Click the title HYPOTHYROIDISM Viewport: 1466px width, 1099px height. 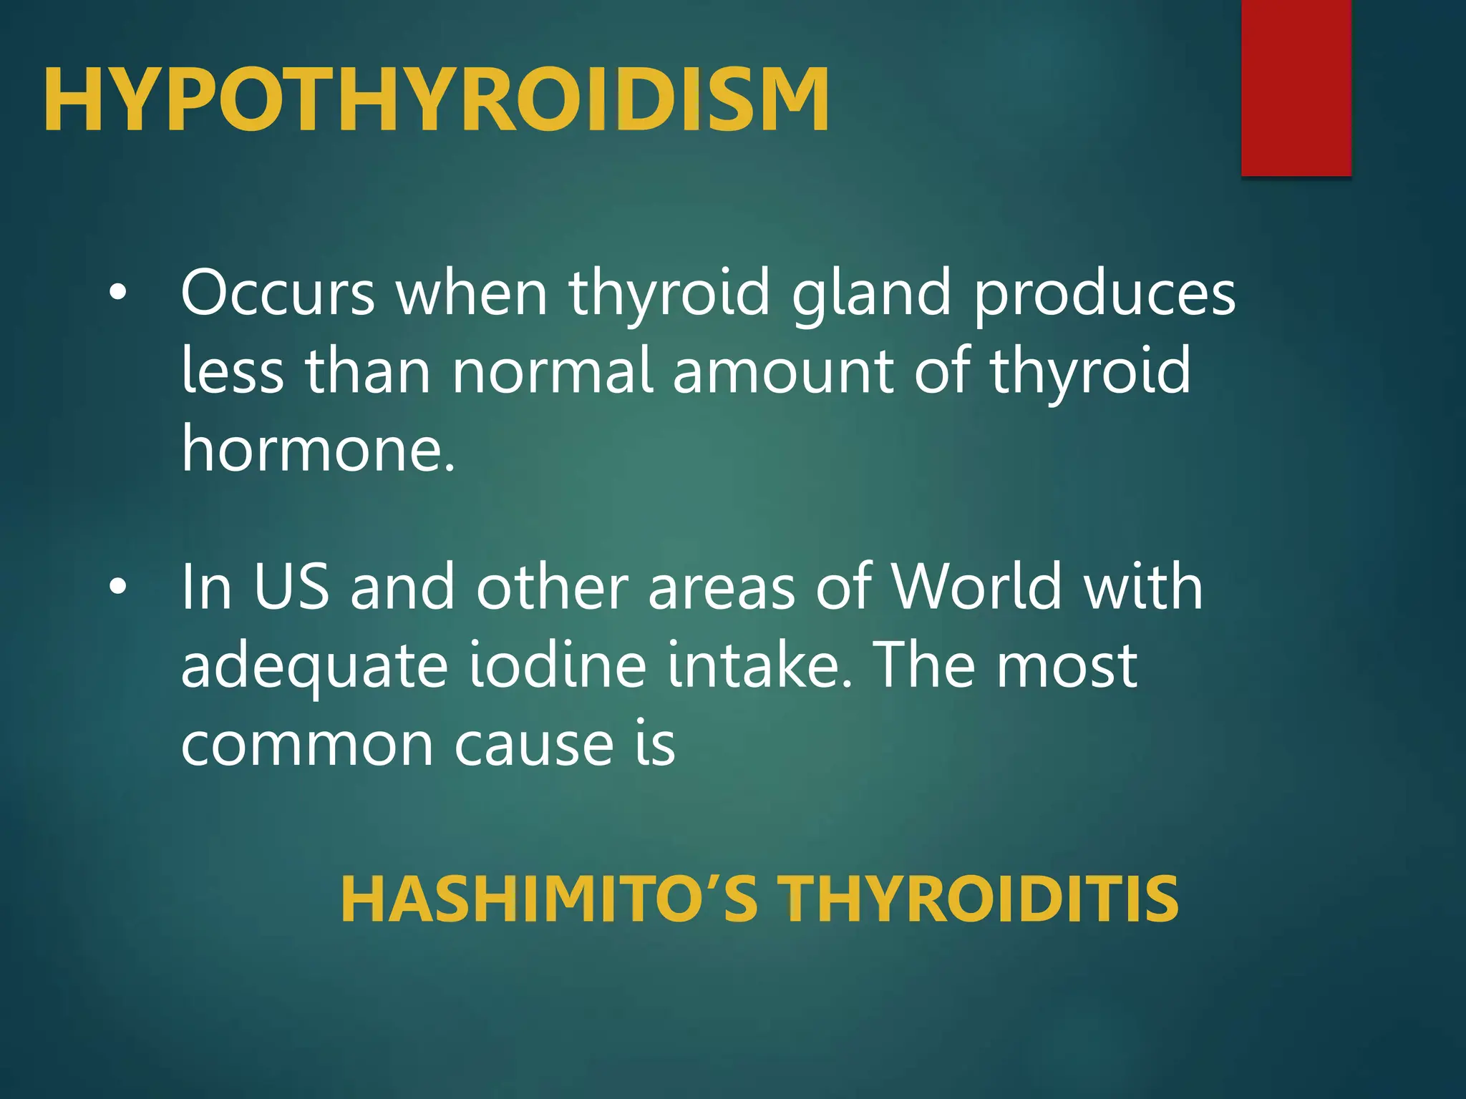click(436, 99)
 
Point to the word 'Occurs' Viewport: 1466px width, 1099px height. click(278, 293)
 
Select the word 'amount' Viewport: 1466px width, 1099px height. click(782, 372)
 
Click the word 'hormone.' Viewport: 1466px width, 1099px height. click(319, 449)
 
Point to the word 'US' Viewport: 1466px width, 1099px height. click(291, 587)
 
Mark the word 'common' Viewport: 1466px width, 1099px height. click(307, 745)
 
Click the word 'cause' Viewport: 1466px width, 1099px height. click(534, 745)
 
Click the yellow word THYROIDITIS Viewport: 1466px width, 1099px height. click(978, 900)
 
